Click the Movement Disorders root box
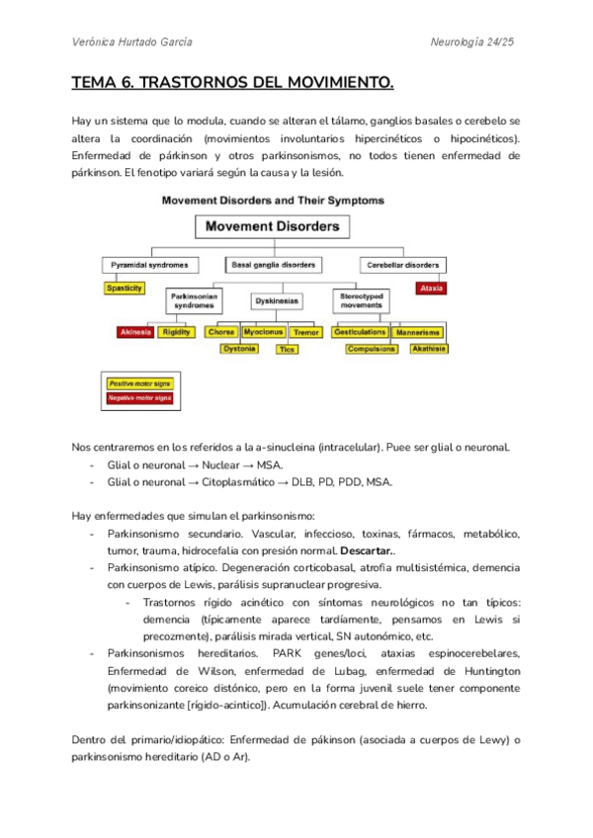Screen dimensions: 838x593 [272, 227]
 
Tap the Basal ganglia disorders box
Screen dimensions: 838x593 [273, 265]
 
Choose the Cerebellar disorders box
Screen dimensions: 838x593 [402, 265]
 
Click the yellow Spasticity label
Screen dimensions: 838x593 [125, 288]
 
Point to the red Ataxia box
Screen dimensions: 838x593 [430, 289]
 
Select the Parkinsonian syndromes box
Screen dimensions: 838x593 [194, 300]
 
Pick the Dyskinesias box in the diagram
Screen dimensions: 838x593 [276, 299]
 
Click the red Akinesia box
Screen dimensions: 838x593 [134, 332]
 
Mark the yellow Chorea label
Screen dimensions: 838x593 [221, 332]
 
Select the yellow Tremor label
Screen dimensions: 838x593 [306, 332]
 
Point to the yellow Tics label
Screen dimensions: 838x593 [287, 349]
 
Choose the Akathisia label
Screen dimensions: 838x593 [427, 348]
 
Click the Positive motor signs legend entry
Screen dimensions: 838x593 [139, 382]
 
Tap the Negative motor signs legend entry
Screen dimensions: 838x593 [139, 397]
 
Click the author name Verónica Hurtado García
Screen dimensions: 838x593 [133, 42]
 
